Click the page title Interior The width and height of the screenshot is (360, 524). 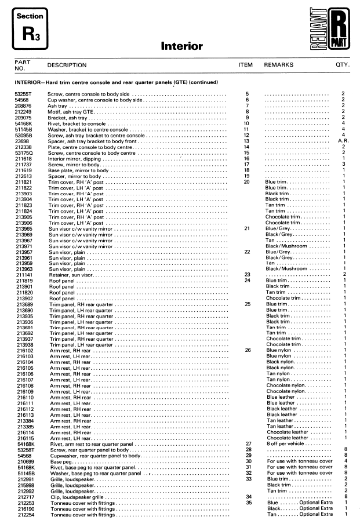tap(181, 46)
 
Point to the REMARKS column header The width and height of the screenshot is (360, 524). tap(279, 65)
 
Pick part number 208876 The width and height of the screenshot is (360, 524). tap(23, 107)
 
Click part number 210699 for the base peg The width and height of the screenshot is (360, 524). tap(23, 461)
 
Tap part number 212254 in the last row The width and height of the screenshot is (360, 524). tap(23, 514)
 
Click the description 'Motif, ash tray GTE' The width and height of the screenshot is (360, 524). tap(72, 112)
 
